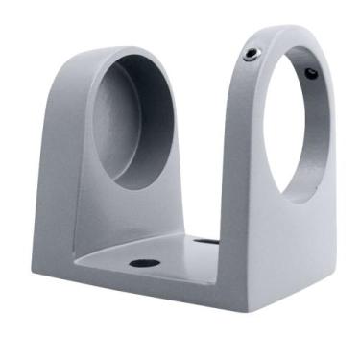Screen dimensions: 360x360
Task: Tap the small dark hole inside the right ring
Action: point(310,73)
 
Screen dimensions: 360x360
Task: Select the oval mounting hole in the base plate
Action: point(144,262)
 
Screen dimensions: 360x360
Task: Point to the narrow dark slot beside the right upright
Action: point(205,241)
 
